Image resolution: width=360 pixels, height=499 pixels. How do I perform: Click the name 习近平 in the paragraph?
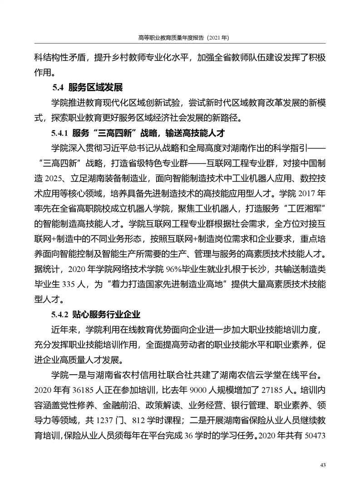pos(118,148)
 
